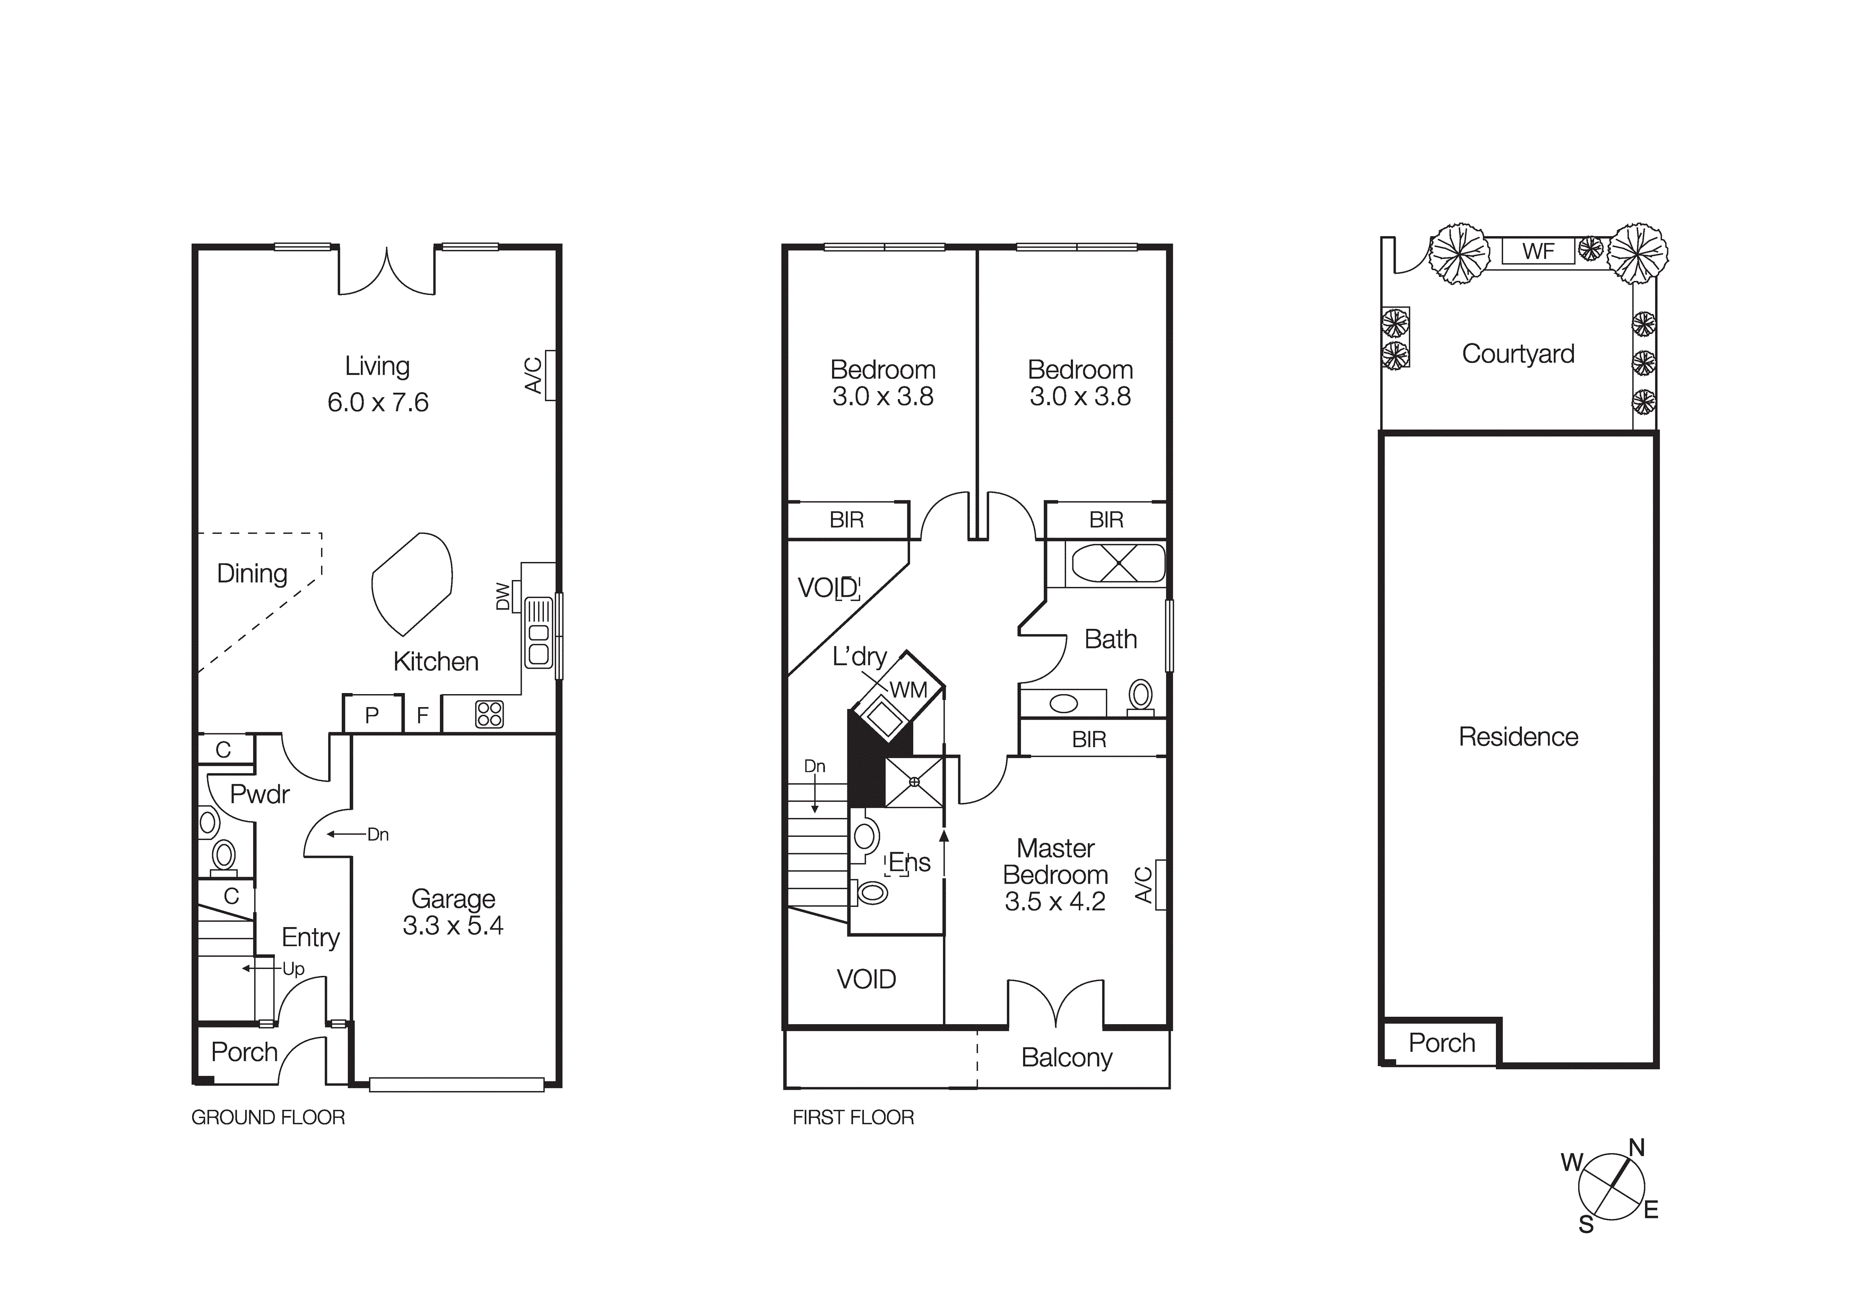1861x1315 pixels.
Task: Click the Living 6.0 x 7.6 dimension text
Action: tap(378, 402)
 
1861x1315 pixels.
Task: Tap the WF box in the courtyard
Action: tap(1538, 252)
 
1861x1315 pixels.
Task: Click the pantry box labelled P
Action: tap(372, 715)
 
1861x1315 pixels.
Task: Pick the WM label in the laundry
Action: tap(908, 690)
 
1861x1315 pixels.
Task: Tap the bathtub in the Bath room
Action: tap(1118, 564)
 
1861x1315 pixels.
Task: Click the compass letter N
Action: tap(1637, 1148)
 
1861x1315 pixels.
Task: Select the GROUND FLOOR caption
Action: tap(269, 1117)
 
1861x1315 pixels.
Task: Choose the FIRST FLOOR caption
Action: tap(853, 1117)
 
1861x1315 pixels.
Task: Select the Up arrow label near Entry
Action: tap(292, 969)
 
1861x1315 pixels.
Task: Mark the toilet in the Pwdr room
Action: tap(224, 856)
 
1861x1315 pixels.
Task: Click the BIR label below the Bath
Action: tap(1088, 739)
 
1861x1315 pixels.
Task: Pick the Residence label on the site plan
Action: tap(1518, 737)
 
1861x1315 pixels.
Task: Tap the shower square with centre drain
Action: tap(914, 782)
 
